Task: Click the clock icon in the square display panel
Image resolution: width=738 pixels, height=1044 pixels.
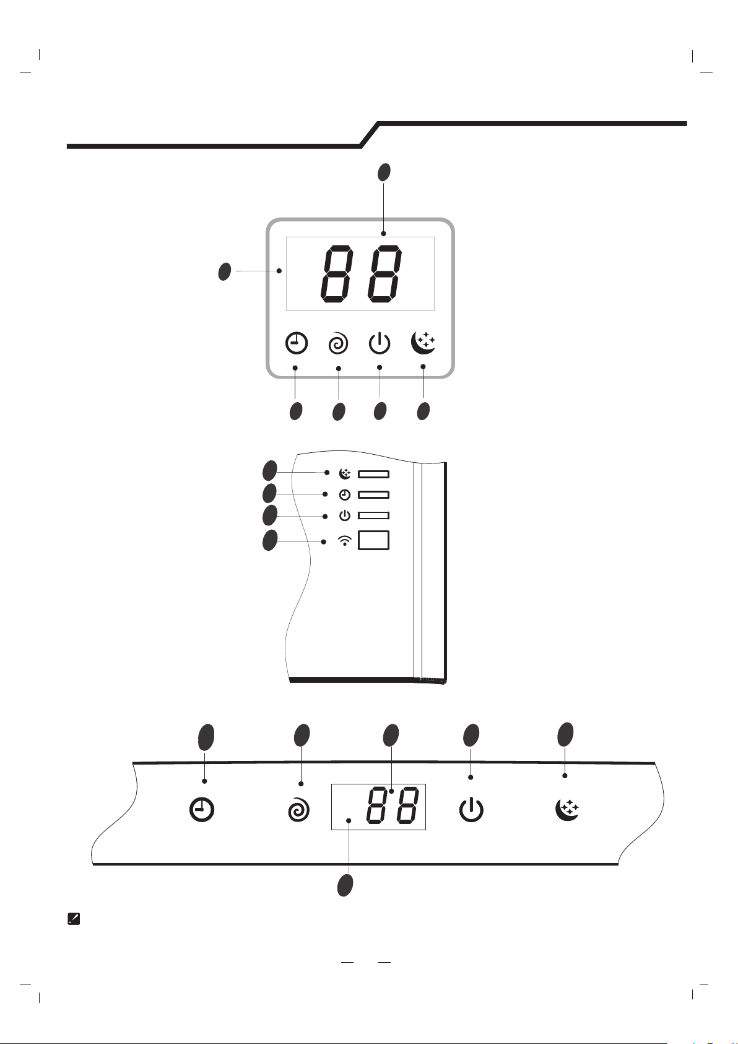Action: point(296,343)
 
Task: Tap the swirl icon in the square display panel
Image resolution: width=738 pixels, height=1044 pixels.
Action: point(338,344)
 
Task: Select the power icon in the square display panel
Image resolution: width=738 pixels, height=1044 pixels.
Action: point(380,343)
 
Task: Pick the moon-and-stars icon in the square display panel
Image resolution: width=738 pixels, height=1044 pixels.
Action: point(423,343)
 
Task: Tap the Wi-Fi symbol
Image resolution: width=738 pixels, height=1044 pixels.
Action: point(345,541)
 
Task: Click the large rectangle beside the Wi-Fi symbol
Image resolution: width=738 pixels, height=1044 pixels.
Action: point(373,540)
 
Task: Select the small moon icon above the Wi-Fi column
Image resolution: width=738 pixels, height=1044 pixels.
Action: point(345,473)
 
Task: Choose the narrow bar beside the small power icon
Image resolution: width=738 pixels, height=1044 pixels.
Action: point(373,515)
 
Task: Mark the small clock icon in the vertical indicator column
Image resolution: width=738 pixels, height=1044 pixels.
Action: point(345,494)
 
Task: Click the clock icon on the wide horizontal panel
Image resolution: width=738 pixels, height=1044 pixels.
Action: point(202,810)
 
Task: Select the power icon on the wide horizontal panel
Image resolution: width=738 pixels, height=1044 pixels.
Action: point(471,810)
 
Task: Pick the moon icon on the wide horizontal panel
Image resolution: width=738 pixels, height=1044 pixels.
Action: point(568,809)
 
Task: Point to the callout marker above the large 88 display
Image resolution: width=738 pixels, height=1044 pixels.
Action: point(384,172)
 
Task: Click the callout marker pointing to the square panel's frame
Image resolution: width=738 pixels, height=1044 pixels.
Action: point(225,271)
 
